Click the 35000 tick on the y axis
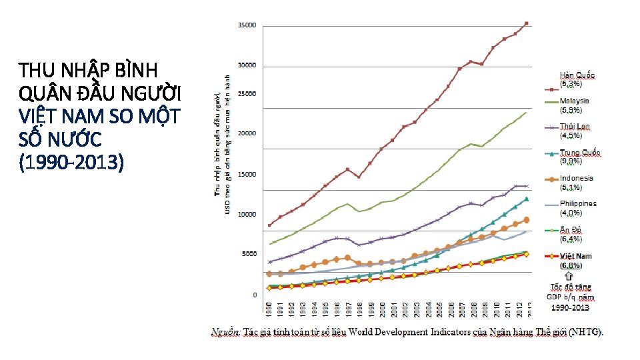(x=247, y=25)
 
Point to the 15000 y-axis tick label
(x=247, y=175)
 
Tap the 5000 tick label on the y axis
(x=249, y=254)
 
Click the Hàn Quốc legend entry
(x=577, y=75)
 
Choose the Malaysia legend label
(x=574, y=101)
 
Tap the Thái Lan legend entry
(x=575, y=127)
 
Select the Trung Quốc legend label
(x=579, y=153)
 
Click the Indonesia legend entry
(x=576, y=179)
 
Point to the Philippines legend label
(x=578, y=204)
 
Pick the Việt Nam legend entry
(x=575, y=256)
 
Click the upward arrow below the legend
(x=569, y=275)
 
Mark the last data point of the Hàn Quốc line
(x=527, y=23)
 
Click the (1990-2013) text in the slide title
(x=71, y=163)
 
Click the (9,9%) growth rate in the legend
(x=571, y=161)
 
